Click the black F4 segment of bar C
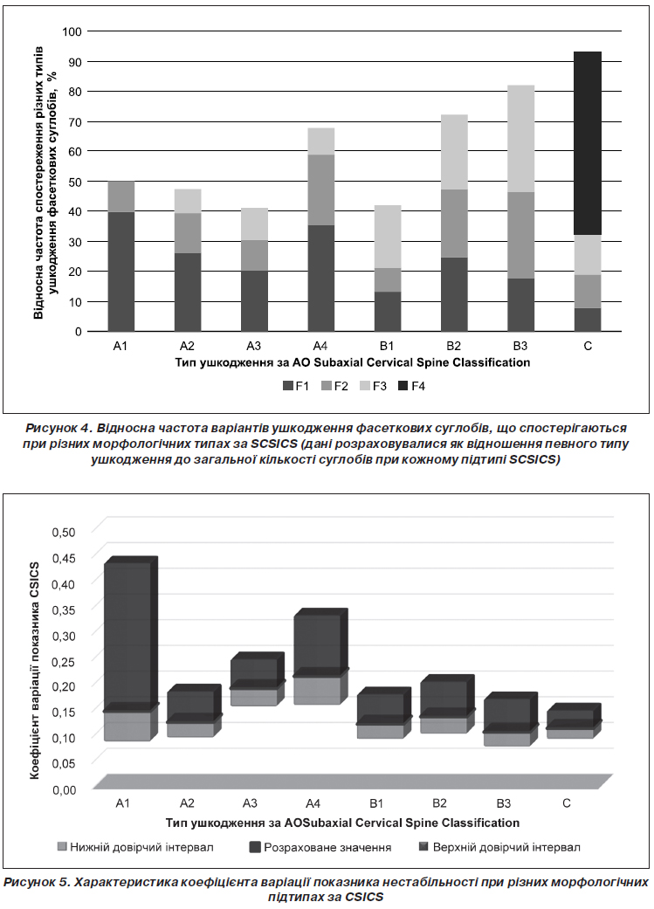(x=588, y=143)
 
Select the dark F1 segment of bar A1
(x=120, y=272)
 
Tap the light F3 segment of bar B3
(x=520, y=139)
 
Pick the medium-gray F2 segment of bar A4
(x=320, y=189)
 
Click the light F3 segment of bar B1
(x=388, y=237)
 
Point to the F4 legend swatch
(x=403, y=386)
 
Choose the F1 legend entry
(x=296, y=386)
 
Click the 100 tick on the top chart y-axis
(x=72, y=31)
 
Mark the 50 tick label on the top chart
(x=75, y=182)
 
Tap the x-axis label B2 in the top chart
(x=453, y=346)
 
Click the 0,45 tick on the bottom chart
(x=64, y=558)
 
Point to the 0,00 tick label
(x=64, y=789)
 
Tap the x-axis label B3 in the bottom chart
(x=504, y=803)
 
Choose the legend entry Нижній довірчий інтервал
(x=135, y=847)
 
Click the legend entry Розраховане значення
(x=320, y=847)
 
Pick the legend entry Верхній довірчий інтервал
(x=499, y=847)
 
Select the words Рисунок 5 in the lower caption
(x=37, y=882)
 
